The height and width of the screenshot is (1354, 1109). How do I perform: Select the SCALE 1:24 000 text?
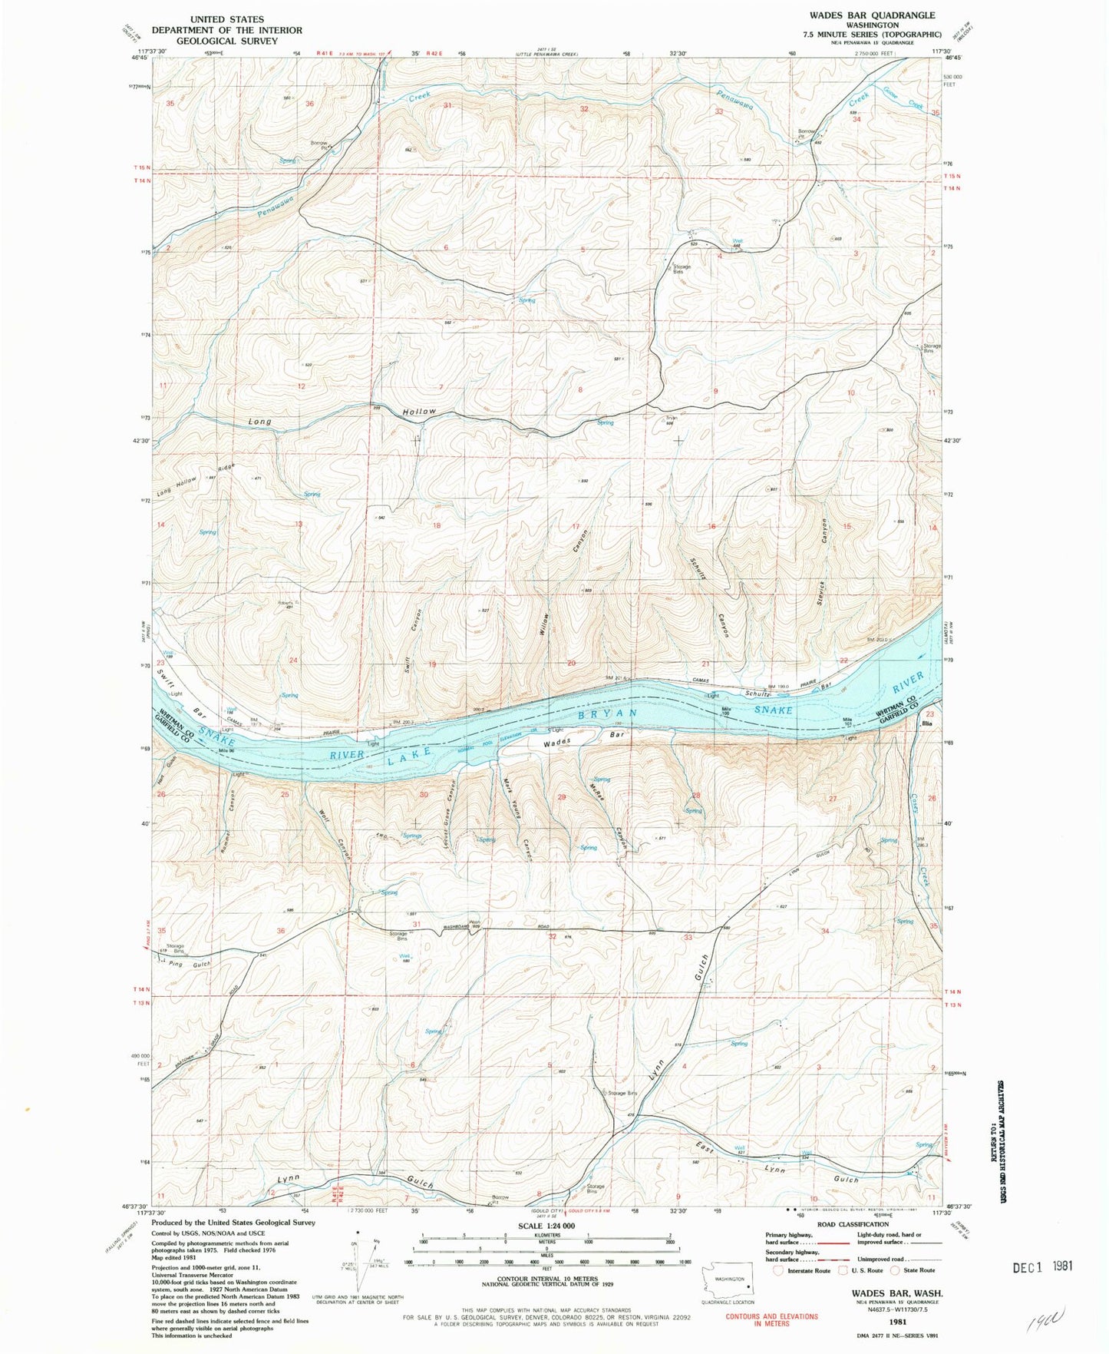tap(546, 1227)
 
